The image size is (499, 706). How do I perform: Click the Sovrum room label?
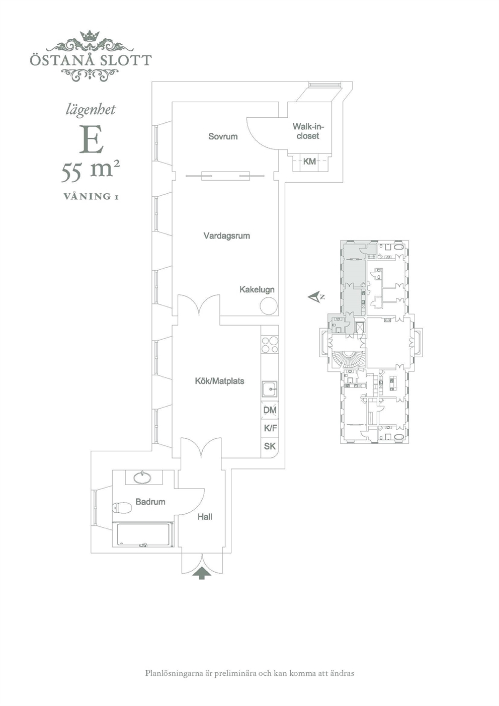[x=223, y=136]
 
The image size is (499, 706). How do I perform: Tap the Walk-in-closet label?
[x=308, y=131]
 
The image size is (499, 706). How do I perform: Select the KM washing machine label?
[x=309, y=162]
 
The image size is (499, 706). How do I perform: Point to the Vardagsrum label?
[x=226, y=236]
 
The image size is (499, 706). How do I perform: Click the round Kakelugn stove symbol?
[x=269, y=306]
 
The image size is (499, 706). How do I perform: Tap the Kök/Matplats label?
[x=220, y=381]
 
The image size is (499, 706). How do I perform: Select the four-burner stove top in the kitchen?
[x=270, y=345]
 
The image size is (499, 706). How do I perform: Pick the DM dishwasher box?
[x=270, y=410]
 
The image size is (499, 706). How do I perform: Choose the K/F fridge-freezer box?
[x=270, y=428]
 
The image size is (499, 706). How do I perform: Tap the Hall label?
[x=205, y=517]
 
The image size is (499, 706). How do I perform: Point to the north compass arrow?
[x=315, y=296]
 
